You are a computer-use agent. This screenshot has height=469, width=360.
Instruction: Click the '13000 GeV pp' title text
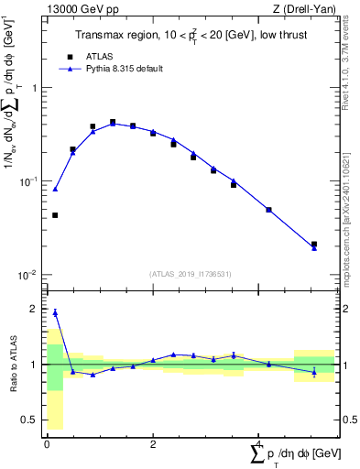coord(77,9)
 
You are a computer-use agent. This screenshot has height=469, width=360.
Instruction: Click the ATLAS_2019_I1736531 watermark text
coord(191,274)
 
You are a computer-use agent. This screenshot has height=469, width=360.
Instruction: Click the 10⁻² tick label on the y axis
coord(28,276)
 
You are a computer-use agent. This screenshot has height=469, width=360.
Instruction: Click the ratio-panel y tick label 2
coord(36,310)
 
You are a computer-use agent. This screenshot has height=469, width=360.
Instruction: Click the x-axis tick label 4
coord(259,445)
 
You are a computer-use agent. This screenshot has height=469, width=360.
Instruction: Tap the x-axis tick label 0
coord(47,445)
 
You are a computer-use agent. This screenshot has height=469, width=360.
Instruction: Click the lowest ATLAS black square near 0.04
coord(55,215)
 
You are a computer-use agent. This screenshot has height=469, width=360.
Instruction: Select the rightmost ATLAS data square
coord(314,245)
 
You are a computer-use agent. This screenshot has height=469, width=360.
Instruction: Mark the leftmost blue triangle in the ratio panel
coord(55,312)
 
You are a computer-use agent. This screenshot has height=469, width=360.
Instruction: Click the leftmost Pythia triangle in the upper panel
coord(55,189)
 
